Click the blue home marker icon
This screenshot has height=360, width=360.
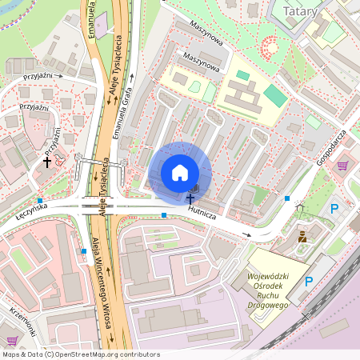(180, 172)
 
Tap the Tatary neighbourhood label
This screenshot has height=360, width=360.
(301, 11)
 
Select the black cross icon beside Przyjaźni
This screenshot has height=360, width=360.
(47, 161)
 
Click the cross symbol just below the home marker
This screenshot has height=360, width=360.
(190, 197)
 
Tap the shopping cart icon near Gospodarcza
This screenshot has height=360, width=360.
(343, 166)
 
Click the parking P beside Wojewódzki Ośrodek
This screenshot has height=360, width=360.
(309, 281)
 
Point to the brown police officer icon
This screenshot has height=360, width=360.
(302, 237)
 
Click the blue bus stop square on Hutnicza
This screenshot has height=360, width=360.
(164, 214)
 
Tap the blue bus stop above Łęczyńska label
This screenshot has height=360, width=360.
(40, 200)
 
